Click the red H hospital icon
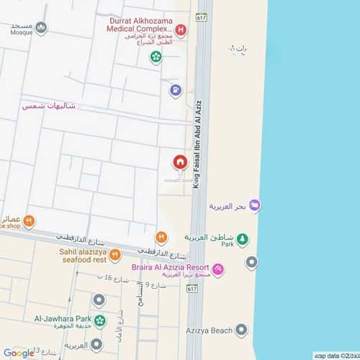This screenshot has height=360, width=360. click(x=180, y=30)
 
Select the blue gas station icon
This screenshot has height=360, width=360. click(x=175, y=90)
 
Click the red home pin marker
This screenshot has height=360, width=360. click(x=179, y=162)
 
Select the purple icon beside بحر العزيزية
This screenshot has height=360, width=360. click(x=255, y=206)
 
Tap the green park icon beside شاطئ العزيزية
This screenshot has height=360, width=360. click(x=243, y=238)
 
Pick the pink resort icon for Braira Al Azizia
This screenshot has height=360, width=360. click(x=218, y=270)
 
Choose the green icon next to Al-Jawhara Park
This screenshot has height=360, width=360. click(x=99, y=320)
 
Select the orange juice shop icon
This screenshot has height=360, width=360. click(x=28, y=221)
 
